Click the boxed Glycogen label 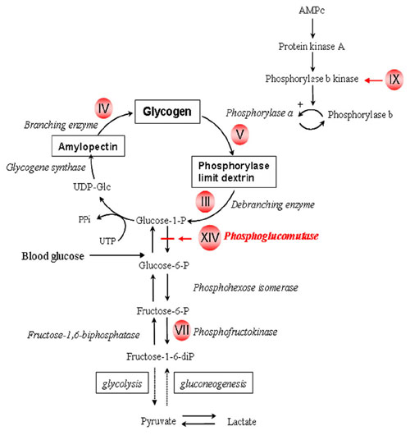pyautogui.click(x=167, y=112)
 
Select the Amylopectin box pyautogui.click(x=89, y=146)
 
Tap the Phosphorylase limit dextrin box pyautogui.click(x=234, y=172)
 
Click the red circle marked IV pyautogui.click(x=103, y=108)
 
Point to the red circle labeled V pyautogui.click(x=240, y=135)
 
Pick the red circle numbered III pyautogui.click(x=206, y=201)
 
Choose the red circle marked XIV pyautogui.click(x=210, y=237)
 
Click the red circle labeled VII pyautogui.click(x=182, y=330)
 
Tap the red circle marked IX pyautogui.click(x=394, y=80)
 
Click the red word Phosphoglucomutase pyautogui.click(x=271, y=236)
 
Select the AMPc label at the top pyautogui.click(x=312, y=11)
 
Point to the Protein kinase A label pyautogui.click(x=312, y=46)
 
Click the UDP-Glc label pyautogui.click(x=92, y=186)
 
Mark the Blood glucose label pyautogui.click(x=53, y=256)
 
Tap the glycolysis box pyautogui.click(x=122, y=383)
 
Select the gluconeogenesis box pyautogui.click(x=213, y=383)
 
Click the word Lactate pyautogui.click(x=242, y=422)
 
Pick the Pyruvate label pyautogui.click(x=158, y=421)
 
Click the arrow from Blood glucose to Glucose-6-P pyautogui.click(x=117, y=255)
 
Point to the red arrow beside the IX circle pyautogui.click(x=373, y=80)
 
